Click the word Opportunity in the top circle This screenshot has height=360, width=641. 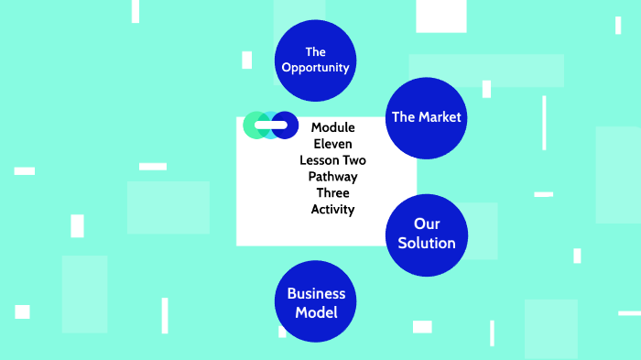tap(316, 68)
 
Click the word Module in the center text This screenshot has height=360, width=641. tap(332, 127)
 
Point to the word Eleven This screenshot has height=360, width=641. tap(332, 144)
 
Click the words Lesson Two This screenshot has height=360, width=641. tap(332, 160)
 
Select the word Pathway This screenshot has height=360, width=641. tap(332, 177)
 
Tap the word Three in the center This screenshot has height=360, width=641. tap(332, 193)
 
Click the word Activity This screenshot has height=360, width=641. tap(332, 210)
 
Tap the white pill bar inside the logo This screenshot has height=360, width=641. tap(270, 125)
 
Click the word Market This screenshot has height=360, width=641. tap(440, 117)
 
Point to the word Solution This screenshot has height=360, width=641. tap(427, 244)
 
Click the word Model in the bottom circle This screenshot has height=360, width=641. tap(316, 313)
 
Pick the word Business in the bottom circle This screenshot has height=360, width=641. tap(316, 294)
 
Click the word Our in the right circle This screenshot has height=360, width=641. tap(427, 224)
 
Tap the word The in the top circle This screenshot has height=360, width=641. tap(316, 52)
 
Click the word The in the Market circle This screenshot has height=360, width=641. tap(404, 117)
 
